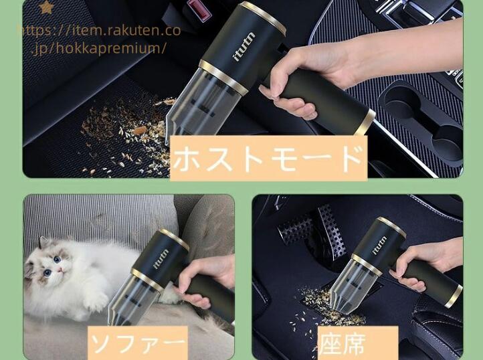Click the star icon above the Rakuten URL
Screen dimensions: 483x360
[x=47, y=7]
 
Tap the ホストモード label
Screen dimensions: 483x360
[x=268, y=158]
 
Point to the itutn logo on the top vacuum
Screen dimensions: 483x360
[x=244, y=47]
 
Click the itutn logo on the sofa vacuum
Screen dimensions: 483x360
[x=161, y=259]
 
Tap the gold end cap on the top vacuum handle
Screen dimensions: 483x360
[x=365, y=122]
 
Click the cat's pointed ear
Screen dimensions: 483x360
[x=43, y=243]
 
